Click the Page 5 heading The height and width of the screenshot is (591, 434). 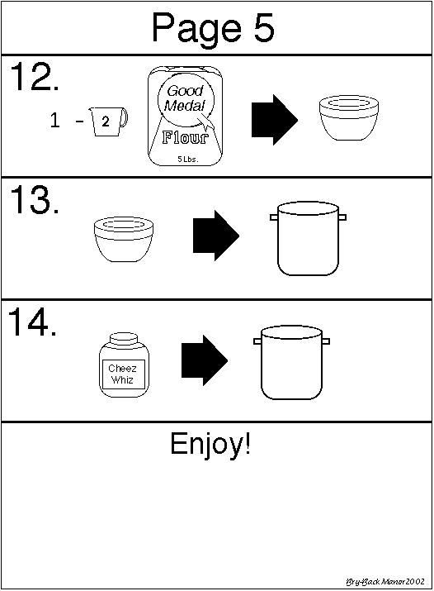click(x=213, y=29)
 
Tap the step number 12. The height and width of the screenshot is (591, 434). click(x=34, y=77)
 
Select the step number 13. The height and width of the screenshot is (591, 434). click(x=34, y=199)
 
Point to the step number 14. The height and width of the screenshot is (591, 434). click(x=32, y=322)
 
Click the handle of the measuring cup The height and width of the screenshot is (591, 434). click(x=124, y=118)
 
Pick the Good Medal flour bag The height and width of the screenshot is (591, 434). click(x=185, y=116)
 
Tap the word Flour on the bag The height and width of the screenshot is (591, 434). click(x=185, y=137)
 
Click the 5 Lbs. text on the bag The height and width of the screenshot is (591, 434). click(x=187, y=159)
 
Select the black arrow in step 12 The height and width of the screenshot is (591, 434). click(x=275, y=120)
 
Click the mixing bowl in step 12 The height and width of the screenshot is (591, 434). click(x=349, y=118)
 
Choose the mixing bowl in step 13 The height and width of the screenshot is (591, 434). click(x=124, y=239)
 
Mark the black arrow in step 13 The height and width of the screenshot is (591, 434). click(x=216, y=236)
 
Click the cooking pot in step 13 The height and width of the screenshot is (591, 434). click(x=308, y=238)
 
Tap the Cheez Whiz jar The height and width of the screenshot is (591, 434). click(x=124, y=365)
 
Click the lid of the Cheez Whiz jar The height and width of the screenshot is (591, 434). click(x=123, y=338)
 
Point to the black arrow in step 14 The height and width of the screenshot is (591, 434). click(x=205, y=360)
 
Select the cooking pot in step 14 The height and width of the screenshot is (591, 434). click(x=291, y=363)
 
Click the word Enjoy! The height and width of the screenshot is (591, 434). click(x=210, y=445)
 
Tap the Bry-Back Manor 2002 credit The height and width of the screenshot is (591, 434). click(x=385, y=582)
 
